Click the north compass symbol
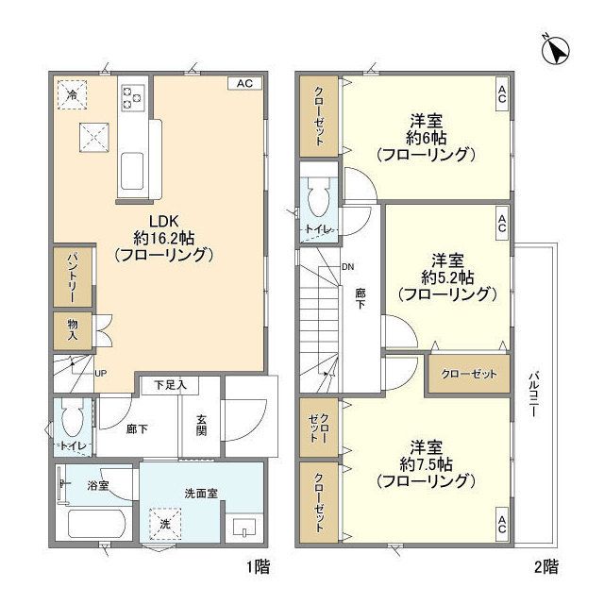555,50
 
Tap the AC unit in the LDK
244,83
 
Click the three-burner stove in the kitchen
132,98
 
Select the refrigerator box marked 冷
72,94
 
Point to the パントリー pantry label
73,277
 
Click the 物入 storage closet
73,330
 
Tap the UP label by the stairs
101,373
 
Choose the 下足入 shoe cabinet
170,384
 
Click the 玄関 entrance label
201,425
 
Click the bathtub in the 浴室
96,524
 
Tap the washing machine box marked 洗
165,524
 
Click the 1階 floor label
258,566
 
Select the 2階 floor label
546,566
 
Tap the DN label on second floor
348,266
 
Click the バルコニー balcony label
533,394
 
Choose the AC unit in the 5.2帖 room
501,224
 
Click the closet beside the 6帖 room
319,116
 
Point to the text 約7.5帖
426,464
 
